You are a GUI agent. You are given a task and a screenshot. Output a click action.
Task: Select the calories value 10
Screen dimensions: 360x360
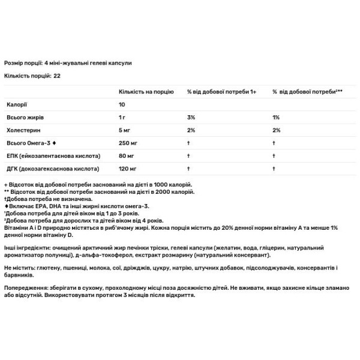coord(122,104)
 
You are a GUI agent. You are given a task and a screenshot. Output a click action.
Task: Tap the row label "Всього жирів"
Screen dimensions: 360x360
coord(22,117)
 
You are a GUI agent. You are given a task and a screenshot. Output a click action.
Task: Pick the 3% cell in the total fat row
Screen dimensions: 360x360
coord(191,117)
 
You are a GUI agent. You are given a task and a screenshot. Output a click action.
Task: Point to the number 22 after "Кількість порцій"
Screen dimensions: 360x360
coord(57,76)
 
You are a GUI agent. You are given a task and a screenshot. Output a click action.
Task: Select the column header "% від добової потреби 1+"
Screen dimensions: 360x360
coord(221,91)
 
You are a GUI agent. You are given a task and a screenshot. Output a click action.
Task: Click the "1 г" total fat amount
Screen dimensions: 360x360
coord(122,117)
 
